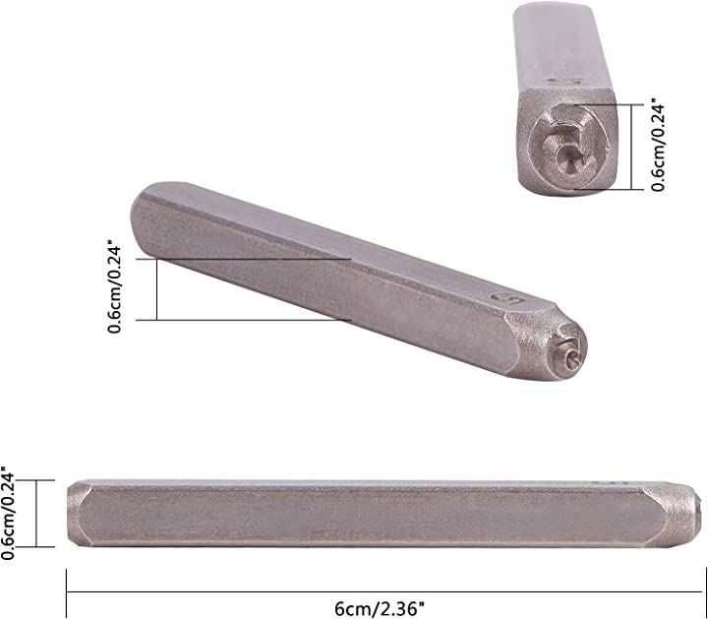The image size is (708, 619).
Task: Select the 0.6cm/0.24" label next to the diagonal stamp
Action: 114,289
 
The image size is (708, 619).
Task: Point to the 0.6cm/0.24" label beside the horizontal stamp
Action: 8,514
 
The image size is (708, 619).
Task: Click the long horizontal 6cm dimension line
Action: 386,591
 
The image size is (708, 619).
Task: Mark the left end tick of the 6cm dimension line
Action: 67,592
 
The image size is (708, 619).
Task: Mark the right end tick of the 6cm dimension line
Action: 705,592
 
